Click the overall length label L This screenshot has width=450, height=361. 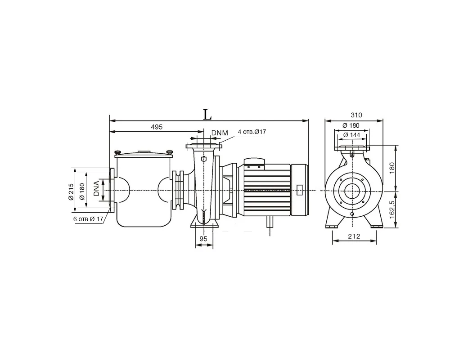tap(207, 115)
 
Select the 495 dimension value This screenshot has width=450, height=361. tap(157, 127)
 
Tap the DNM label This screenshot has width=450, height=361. tap(220, 133)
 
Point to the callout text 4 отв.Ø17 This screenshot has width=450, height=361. tap(252, 132)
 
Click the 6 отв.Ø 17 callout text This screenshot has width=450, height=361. tap(88, 219)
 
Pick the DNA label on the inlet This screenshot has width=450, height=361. tap(97, 188)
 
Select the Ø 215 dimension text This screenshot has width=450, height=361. tap(71, 192)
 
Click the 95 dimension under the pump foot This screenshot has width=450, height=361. tap(203, 239)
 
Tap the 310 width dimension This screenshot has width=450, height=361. tap(356, 115)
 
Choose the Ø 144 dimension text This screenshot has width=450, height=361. tap(351, 135)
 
